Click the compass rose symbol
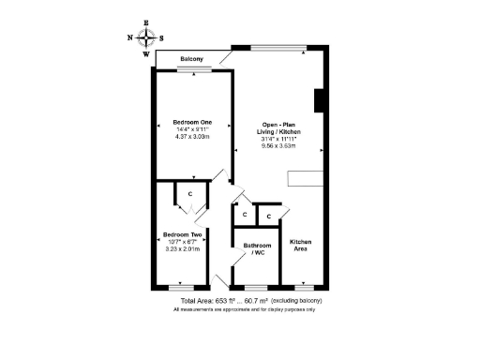pos(145,37)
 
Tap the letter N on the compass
pos(129,38)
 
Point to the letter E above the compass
pos(145,22)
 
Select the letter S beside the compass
pos(161,38)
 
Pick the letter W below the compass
pos(145,54)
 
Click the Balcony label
pos(192,60)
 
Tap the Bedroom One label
pos(192,122)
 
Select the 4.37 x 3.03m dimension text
pos(192,137)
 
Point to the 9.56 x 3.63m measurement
pos(278,146)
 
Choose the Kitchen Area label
pos(300,246)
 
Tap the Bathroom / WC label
pos(257,249)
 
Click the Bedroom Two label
pos(183,234)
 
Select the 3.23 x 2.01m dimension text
pos(183,249)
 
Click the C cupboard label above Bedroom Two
pos(190,194)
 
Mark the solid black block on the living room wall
pos(319,100)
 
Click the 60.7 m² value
pos(257,301)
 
